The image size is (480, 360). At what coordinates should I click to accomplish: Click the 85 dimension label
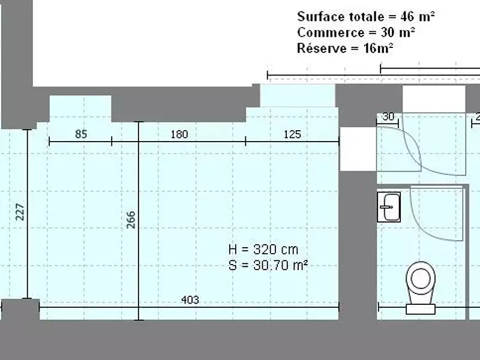[81, 134]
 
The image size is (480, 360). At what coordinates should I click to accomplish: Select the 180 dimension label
[179, 134]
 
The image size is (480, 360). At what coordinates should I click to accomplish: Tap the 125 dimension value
[292, 134]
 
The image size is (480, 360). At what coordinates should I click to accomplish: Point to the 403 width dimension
[190, 299]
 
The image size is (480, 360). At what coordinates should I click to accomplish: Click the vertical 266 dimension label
[131, 220]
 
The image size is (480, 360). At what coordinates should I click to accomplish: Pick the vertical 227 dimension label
[20, 212]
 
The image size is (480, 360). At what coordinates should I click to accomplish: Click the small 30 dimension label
[388, 116]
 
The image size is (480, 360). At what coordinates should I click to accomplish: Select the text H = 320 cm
[263, 250]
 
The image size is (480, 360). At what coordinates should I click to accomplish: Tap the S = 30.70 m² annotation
[268, 265]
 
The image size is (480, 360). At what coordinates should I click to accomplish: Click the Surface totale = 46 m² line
[366, 17]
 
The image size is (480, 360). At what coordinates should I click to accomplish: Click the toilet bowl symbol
[421, 282]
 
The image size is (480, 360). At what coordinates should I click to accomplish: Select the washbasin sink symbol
[389, 207]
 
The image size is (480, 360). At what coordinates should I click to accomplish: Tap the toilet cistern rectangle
[421, 309]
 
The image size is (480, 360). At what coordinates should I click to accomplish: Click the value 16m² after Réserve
[379, 48]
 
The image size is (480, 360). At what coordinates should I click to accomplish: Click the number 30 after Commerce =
[388, 32]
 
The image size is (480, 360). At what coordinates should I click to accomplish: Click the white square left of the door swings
[358, 149]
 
